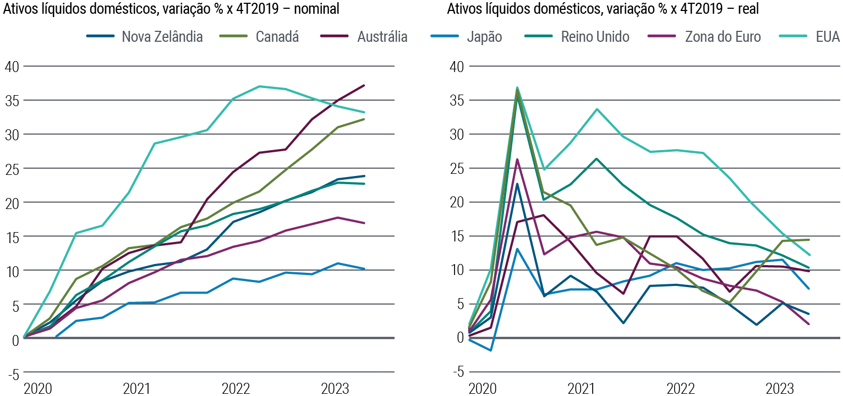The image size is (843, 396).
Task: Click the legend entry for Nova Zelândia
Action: click(x=162, y=37)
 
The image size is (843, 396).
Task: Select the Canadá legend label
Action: click(x=277, y=37)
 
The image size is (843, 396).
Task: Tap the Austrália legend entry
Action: click(x=382, y=37)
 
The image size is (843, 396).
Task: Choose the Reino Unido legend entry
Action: click(x=595, y=37)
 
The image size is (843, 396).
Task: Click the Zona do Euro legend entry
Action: click(x=722, y=37)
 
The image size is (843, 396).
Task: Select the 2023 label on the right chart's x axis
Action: click(x=778, y=389)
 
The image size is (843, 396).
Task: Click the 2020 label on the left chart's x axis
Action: click(x=37, y=389)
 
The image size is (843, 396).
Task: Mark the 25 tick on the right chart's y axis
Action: click(x=457, y=168)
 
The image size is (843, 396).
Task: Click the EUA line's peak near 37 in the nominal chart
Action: click(x=259, y=86)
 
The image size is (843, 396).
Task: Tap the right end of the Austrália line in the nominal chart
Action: click(x=364, y=85)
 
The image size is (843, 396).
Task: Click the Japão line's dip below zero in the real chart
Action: click(x=490, y=350)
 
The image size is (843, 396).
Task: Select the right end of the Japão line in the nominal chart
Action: click(x=364, y=268)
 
